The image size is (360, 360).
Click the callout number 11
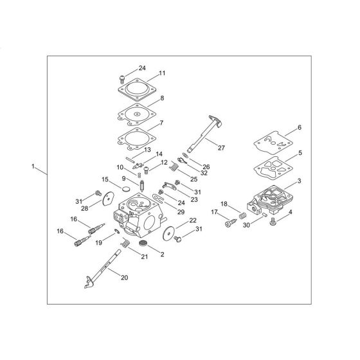(x=163, y=73)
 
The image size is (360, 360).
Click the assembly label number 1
(x=33, y=166)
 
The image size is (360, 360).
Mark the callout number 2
(x=161, y=255)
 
